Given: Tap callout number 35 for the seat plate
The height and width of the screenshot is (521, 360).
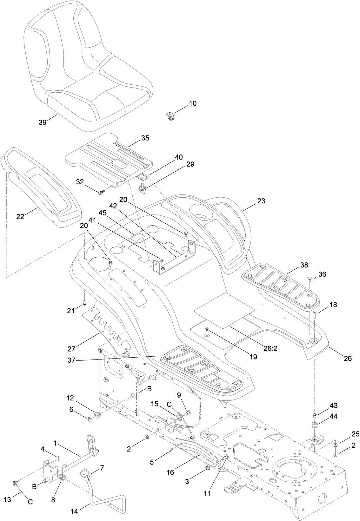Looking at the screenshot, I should (145, 138).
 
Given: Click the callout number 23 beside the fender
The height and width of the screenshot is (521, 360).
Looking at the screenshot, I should (261, 201).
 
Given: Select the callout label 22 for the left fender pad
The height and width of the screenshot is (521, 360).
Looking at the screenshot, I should (20, 216).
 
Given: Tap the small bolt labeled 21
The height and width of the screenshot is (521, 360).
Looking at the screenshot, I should (84, 302).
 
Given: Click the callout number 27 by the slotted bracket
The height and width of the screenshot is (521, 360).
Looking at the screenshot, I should (71, 349).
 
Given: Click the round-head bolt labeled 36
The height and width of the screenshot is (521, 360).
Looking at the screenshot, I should (310, 279).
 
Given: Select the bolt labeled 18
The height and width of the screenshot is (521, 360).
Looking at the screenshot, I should (315, 314).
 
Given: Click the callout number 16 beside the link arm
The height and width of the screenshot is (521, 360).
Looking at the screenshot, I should (170, 472).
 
